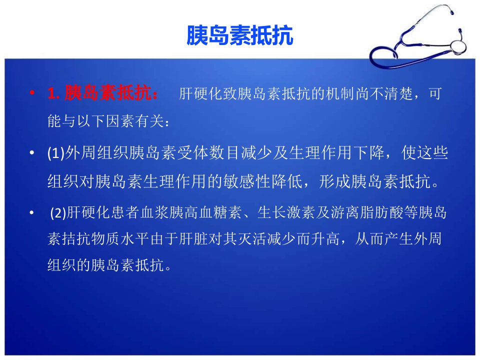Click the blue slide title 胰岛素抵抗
pos(240,35)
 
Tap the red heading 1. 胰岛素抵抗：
pos(103,93)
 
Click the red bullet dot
pos(32,92)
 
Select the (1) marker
pos(56,153)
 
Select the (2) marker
pos(58,212)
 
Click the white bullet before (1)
pos(32,152)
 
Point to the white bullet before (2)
pos(32,212)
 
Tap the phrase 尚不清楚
pos(384,93)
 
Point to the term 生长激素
pos(286,212)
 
